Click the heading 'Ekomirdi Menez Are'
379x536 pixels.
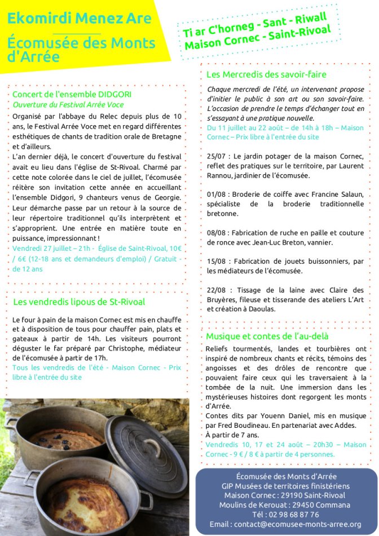(x=80, y=19)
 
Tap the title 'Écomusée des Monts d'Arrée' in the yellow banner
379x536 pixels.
(x=81, y=50)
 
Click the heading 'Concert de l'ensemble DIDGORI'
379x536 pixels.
(x=72, y=94)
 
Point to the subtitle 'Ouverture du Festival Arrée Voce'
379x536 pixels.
(x=68, y=105)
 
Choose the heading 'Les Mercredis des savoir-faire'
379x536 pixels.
(x=266, y=74)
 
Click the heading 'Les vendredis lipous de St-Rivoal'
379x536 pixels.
(x=79, y=302)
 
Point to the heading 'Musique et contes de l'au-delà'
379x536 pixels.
(x=267, y=336)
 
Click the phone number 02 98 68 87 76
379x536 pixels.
(x=285, y=515)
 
